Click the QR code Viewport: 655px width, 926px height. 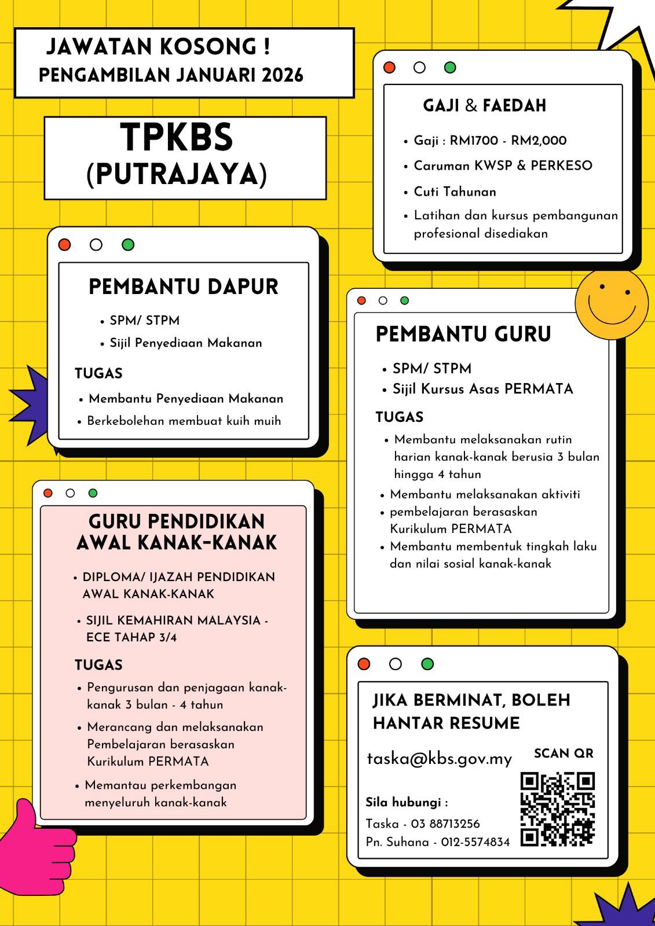click(558, 809)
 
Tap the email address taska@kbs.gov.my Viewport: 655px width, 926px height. click(440, 759)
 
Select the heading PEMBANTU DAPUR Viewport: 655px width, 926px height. click(184, 287)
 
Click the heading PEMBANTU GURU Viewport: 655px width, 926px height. click(463, 335)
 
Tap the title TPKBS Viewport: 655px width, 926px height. click(177, 138)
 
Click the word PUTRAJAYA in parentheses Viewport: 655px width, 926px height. click(177, 174)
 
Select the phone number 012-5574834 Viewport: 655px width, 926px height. click(475, 842)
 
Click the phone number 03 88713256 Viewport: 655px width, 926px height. click(445, 824)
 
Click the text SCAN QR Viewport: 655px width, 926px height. click(563, 754)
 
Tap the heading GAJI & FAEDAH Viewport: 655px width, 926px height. click(484, 106)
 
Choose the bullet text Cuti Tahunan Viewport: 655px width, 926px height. click(455, 192)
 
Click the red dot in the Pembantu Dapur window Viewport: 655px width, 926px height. click(64, 245)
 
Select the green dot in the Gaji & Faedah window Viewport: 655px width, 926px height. click(450, 68)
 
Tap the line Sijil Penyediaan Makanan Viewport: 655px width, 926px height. click(185, 343)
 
